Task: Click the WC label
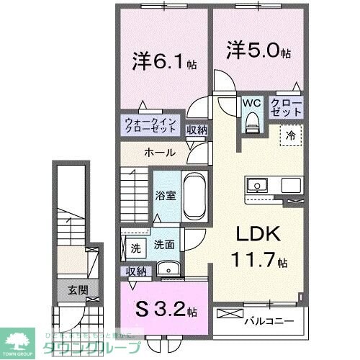point(252,102)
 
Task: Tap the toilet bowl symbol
point(252,123)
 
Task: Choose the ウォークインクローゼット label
point(150,127)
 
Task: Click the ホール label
point(158,153)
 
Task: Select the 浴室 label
point(162,194)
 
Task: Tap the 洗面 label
point(163,245)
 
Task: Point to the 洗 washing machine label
point(135,248)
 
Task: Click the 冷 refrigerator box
point(292,135)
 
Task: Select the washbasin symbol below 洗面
point(170,270)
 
